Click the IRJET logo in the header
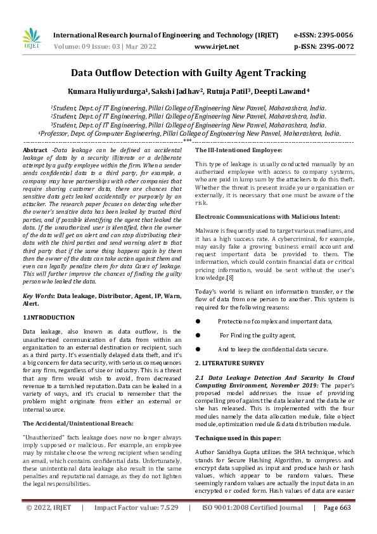coord(31,40)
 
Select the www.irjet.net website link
coord(217,47)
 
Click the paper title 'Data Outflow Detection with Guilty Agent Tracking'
coord(188,73)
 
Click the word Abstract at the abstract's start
coord(35,149)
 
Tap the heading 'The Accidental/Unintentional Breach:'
coord(70,405)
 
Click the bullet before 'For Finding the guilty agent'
coord(198,335)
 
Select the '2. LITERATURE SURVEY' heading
coord(229,363)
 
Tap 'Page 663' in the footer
coord(336,526)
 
